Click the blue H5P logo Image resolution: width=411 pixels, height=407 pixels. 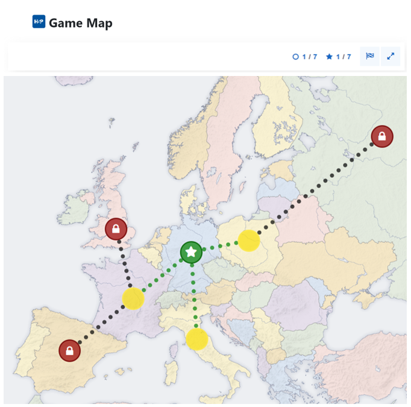point(39,22)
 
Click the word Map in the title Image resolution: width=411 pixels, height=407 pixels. point(98,23)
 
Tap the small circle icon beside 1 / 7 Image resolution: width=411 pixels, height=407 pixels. point(295,57)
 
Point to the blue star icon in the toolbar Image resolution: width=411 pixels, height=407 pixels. point(329,57)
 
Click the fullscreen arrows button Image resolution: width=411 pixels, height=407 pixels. point(391,57)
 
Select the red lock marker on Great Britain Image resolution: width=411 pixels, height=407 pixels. point(116,229)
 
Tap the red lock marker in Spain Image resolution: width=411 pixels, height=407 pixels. point(70,350)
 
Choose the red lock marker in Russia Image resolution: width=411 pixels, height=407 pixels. point(381,136)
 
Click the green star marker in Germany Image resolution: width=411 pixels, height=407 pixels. point(191,252)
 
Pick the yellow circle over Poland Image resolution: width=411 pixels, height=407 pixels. point(249,241)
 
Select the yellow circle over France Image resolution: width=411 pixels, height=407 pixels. point(133,298)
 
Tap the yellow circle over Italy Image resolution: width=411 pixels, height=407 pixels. point(196,339)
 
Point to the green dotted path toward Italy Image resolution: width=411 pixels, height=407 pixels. point(193,295)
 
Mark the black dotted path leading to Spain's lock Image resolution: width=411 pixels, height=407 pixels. point(99,326)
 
